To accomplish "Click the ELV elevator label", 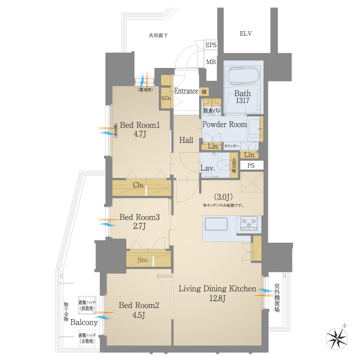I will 246,34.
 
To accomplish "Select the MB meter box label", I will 211,62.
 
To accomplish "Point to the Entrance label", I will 186,91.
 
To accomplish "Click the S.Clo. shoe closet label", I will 166,98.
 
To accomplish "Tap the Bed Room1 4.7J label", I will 140,130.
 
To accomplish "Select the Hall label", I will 186,140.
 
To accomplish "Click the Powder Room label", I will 224,124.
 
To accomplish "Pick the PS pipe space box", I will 251,165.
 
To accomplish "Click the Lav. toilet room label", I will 208,168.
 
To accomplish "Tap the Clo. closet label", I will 138,185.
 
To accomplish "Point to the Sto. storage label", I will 143,260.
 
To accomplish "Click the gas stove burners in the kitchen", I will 250,222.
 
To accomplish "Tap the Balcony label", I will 84,322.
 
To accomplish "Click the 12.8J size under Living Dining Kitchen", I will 217,298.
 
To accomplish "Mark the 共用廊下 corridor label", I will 158,36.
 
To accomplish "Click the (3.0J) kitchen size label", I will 224,197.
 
